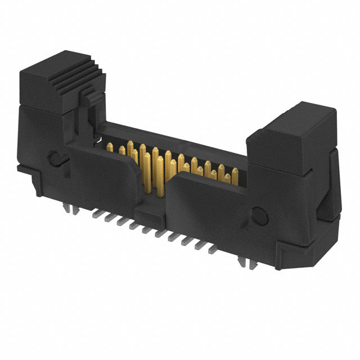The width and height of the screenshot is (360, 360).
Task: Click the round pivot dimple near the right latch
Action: pyautogui.click(x=260, y=215)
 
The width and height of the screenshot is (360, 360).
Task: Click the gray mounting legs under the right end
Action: pyautogui.click(x=243, y=260)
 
